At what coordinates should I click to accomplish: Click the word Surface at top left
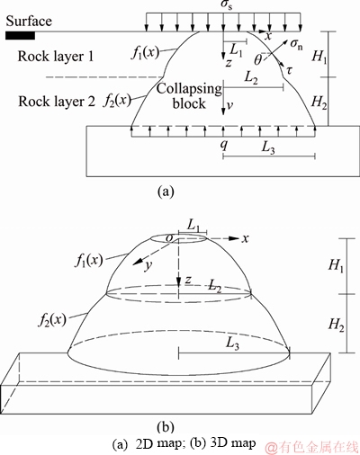click(29, 21)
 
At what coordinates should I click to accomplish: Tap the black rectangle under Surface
click(20, 36)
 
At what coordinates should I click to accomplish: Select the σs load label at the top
click(223, 6)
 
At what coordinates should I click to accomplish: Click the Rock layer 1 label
click(56, 57)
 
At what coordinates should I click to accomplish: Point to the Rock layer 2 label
click(57, 102)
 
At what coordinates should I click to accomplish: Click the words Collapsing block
click(189, 96)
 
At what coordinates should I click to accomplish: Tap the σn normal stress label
click(297, 44)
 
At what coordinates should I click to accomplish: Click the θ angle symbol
click(258, 60)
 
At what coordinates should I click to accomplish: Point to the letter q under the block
click(224, 145)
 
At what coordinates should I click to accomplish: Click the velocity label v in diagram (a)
click(229, 106)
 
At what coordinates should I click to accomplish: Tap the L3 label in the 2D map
click(268, 147)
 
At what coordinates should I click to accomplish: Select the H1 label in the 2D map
click(319, 56)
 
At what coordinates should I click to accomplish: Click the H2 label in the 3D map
click(336, 325)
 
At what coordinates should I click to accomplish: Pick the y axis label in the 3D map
click(147, 266)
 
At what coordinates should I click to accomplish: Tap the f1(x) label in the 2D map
click(145, 53)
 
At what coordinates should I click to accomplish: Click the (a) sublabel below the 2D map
click(166, 191)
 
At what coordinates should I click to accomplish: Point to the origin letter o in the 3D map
click(170, 238)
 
